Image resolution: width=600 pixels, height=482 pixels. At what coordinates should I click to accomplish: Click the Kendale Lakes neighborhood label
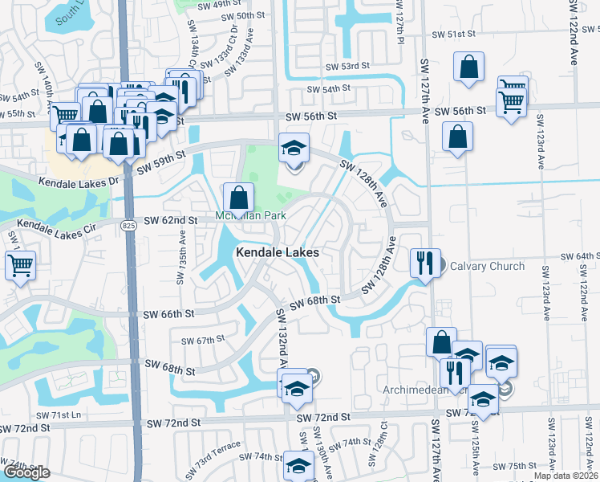pyautogui.click(x=277, y=252)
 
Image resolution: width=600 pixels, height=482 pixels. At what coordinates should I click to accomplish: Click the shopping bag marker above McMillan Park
pyautogui.click(x=239, y=197)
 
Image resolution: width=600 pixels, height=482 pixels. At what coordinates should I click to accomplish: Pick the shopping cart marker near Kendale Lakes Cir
pyautogui.click(x=20, y=264)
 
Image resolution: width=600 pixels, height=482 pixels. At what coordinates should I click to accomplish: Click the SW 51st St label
pyautogui.click(x=453, y=35)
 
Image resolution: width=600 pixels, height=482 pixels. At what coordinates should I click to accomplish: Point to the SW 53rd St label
pyautogui.click(x=347, y=66)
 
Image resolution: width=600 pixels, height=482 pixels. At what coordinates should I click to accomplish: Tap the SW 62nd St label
pyautogui.click(x=171, y=220)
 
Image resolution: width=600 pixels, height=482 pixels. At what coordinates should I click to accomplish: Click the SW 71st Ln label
pyautogui.click(x=61, y=415)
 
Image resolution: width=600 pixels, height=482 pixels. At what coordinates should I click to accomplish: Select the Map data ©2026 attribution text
pyautogui.click(x=565, y=476)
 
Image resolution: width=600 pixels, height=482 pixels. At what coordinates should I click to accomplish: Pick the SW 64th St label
pyautogui.click(x=582, y=255)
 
